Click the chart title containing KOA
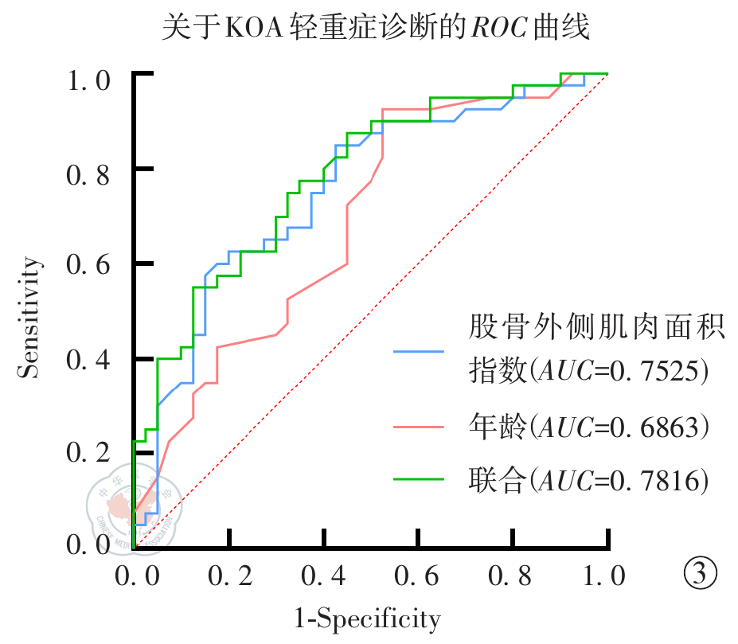(375, 29)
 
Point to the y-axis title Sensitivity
(29, 316)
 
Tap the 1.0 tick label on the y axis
(89, 80)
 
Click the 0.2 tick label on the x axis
(230, 576)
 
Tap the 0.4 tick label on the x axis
(325, 576)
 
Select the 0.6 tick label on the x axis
(420, 576)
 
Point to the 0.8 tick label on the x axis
(514, 576)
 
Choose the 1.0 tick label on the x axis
(607, 576)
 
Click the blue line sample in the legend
(419, 350)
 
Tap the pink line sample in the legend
(419, 427)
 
